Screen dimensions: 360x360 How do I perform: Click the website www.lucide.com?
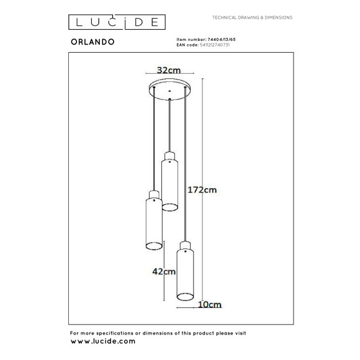102,341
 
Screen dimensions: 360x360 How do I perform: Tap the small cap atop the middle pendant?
169,155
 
